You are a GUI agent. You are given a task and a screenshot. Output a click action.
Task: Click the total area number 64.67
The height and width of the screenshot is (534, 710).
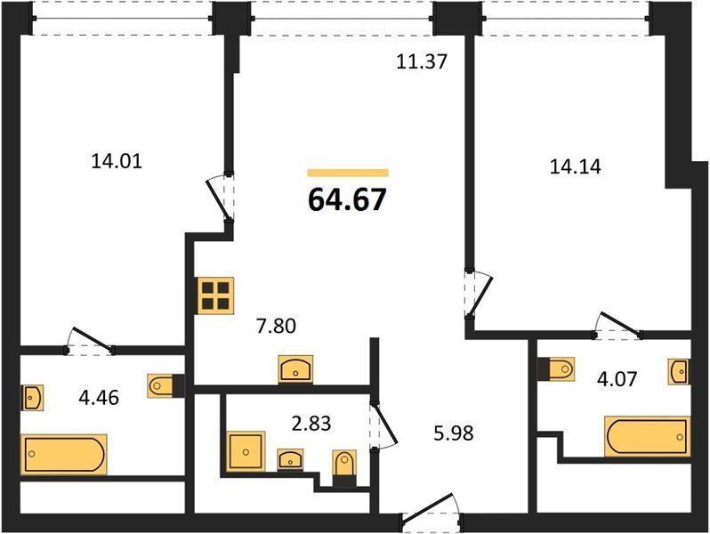pos(347,199)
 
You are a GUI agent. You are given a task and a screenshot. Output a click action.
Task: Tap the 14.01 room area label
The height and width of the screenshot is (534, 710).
pos(117,161)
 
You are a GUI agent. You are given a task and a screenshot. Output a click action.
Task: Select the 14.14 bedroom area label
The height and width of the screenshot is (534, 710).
pos(576,166)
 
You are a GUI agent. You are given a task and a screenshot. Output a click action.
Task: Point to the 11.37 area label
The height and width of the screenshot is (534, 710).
pos(422,61)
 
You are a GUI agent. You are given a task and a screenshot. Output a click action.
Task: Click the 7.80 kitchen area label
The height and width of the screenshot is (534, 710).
pos(276,326)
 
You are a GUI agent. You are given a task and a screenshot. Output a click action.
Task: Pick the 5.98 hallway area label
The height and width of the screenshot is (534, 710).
pos(454,433)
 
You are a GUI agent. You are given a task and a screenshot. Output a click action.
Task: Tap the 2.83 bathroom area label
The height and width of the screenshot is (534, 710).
pos(311,424)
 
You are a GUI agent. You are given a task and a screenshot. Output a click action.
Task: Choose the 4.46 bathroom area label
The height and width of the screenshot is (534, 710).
pos(99,398)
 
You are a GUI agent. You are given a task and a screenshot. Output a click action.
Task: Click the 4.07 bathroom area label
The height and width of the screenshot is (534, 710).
pos(617,378)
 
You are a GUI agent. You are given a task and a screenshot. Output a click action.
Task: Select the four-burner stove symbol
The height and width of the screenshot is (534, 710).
pos(216,295)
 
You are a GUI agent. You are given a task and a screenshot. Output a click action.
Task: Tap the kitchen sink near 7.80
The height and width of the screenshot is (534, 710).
pos(295,369)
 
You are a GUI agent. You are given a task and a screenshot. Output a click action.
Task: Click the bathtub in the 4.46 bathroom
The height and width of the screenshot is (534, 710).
pos(64,454)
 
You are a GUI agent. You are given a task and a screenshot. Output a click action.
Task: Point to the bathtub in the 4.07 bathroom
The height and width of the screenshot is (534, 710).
pos(648,436)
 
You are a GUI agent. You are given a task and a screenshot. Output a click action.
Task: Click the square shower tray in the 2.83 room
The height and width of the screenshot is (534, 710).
pos(246,451)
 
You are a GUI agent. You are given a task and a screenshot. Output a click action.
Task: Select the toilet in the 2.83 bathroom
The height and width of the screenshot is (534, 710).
pos(344,467)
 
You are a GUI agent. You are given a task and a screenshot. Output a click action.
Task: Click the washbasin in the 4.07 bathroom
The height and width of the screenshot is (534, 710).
pos(679,371)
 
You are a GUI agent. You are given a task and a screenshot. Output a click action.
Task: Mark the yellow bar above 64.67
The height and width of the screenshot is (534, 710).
pos(348,173)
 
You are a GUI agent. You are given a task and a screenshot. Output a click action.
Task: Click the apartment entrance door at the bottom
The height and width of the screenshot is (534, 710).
pos(431,513)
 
